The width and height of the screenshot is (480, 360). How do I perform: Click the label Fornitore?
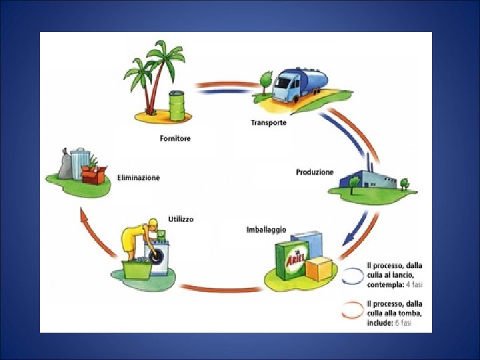pyautogui.click(x=175, y=139)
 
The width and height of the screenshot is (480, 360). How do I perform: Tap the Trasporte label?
pyautogui.click(x=269, y=123)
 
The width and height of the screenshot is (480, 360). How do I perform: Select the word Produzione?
pyautogui.click(x=315, y=172)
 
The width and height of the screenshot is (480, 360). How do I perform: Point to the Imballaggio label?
pyautogui.click(x=266, y=229)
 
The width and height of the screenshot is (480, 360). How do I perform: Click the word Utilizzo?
pyautogui.click(x=181, y=219)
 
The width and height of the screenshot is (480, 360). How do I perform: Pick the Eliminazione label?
pyautogui.click(x=138, y=178)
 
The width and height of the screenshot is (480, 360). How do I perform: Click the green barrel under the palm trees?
pyautogui.click(x=177, y=106)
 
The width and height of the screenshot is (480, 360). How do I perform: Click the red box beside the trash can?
pyautogui.click(x=94, y=175)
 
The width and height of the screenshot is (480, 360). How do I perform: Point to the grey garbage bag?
pyautogui.click(x=65, y=167)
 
